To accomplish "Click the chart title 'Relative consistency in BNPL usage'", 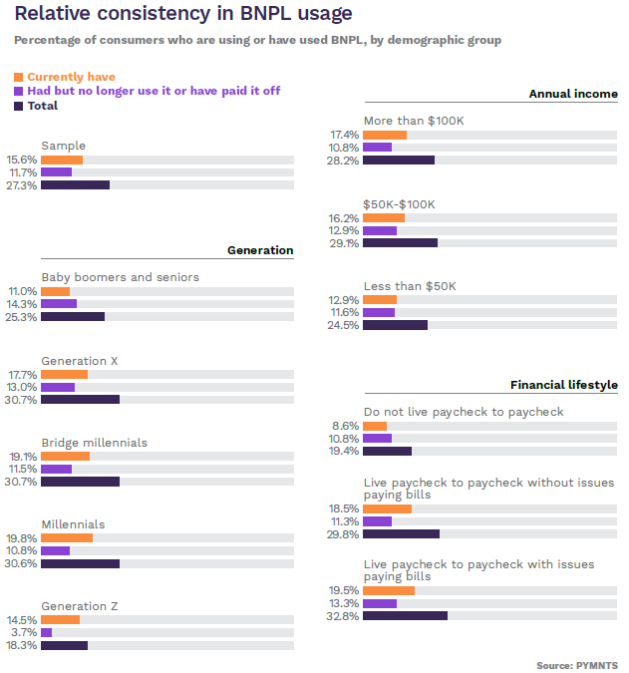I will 182,14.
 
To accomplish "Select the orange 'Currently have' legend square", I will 18,77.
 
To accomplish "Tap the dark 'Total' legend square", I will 18,106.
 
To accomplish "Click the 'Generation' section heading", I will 260,250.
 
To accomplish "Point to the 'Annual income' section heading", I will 573,94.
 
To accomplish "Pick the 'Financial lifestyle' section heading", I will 564,385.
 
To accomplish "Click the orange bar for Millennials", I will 67,538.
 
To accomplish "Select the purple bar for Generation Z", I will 46,632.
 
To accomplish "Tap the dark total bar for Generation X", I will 80,400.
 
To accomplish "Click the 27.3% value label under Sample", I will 22,184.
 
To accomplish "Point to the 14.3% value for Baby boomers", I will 22,304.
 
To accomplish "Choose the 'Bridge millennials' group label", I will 94,443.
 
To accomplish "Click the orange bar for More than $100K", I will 385,135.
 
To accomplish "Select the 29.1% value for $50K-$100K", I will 344,242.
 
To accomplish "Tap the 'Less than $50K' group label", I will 410,286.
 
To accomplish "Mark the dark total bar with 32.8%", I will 405,616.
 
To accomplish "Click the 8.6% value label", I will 346,426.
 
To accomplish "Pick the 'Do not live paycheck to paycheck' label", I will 464,412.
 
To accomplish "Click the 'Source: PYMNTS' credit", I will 576,664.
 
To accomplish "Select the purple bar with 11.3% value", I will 378,520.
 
